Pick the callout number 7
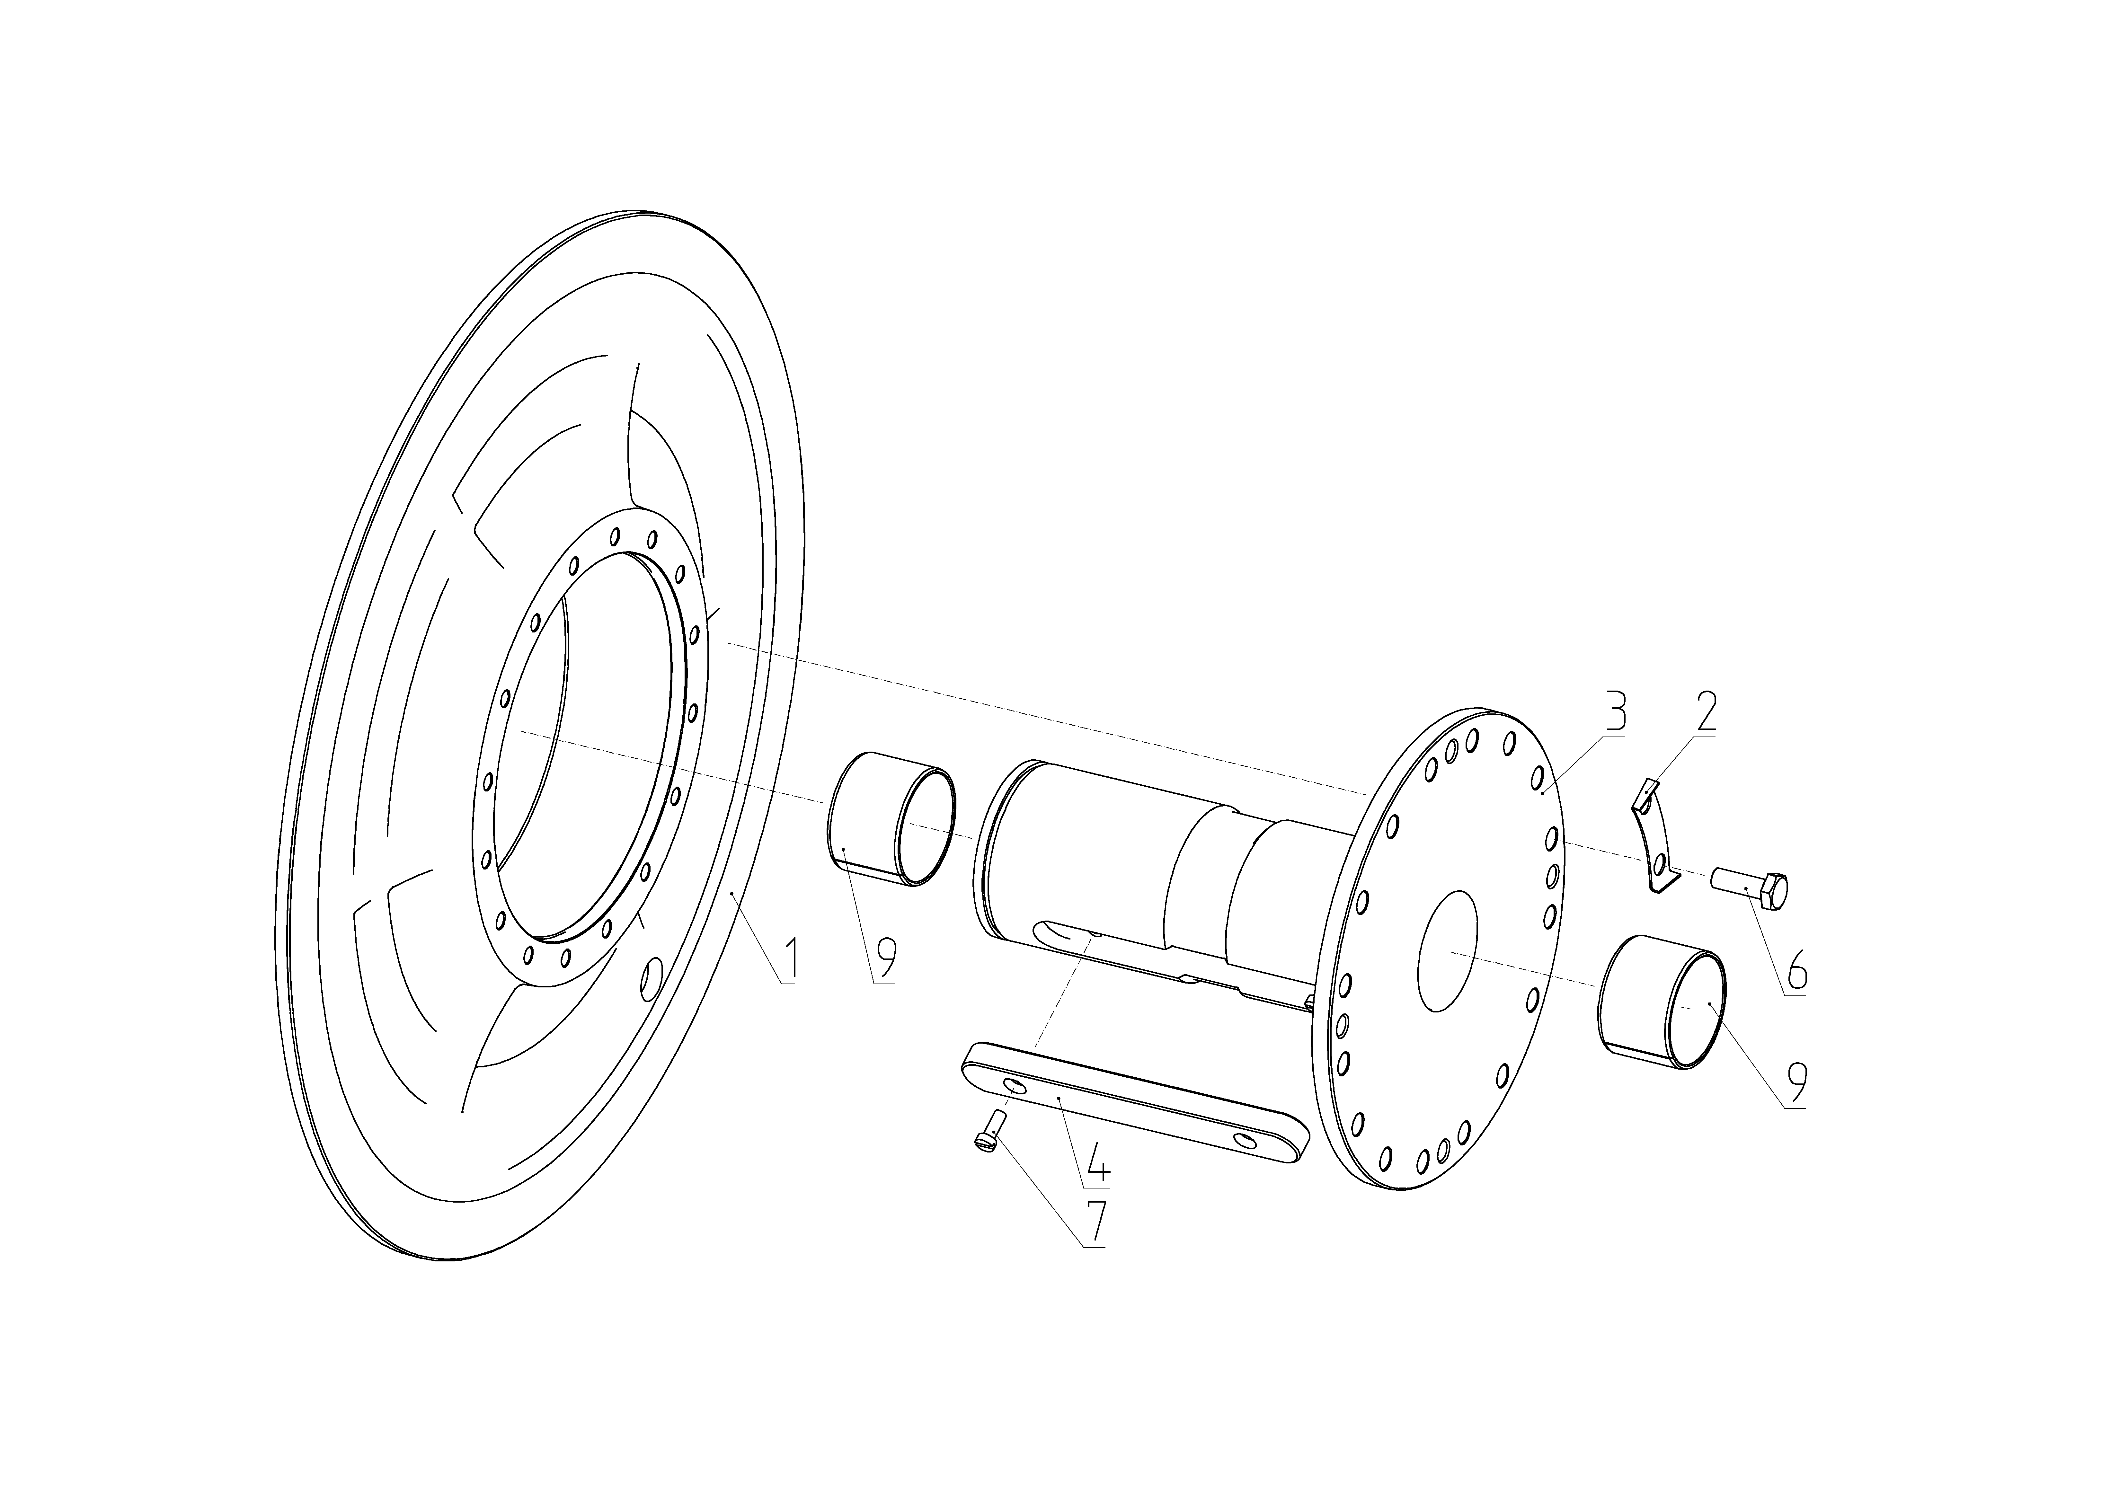coord(1095,1223)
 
